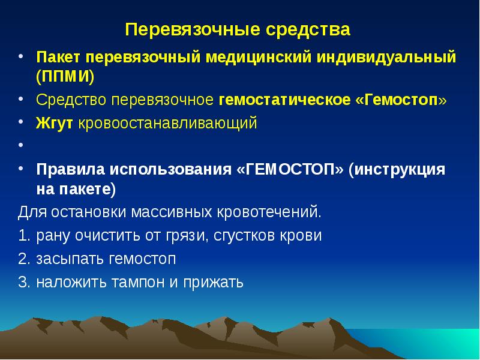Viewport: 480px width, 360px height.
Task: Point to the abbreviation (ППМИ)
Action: point(64,77)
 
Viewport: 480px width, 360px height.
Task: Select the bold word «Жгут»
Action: point(54,124)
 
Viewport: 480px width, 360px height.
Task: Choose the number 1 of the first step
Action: point(22,235)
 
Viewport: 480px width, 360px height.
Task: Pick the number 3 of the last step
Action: point(22,282)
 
